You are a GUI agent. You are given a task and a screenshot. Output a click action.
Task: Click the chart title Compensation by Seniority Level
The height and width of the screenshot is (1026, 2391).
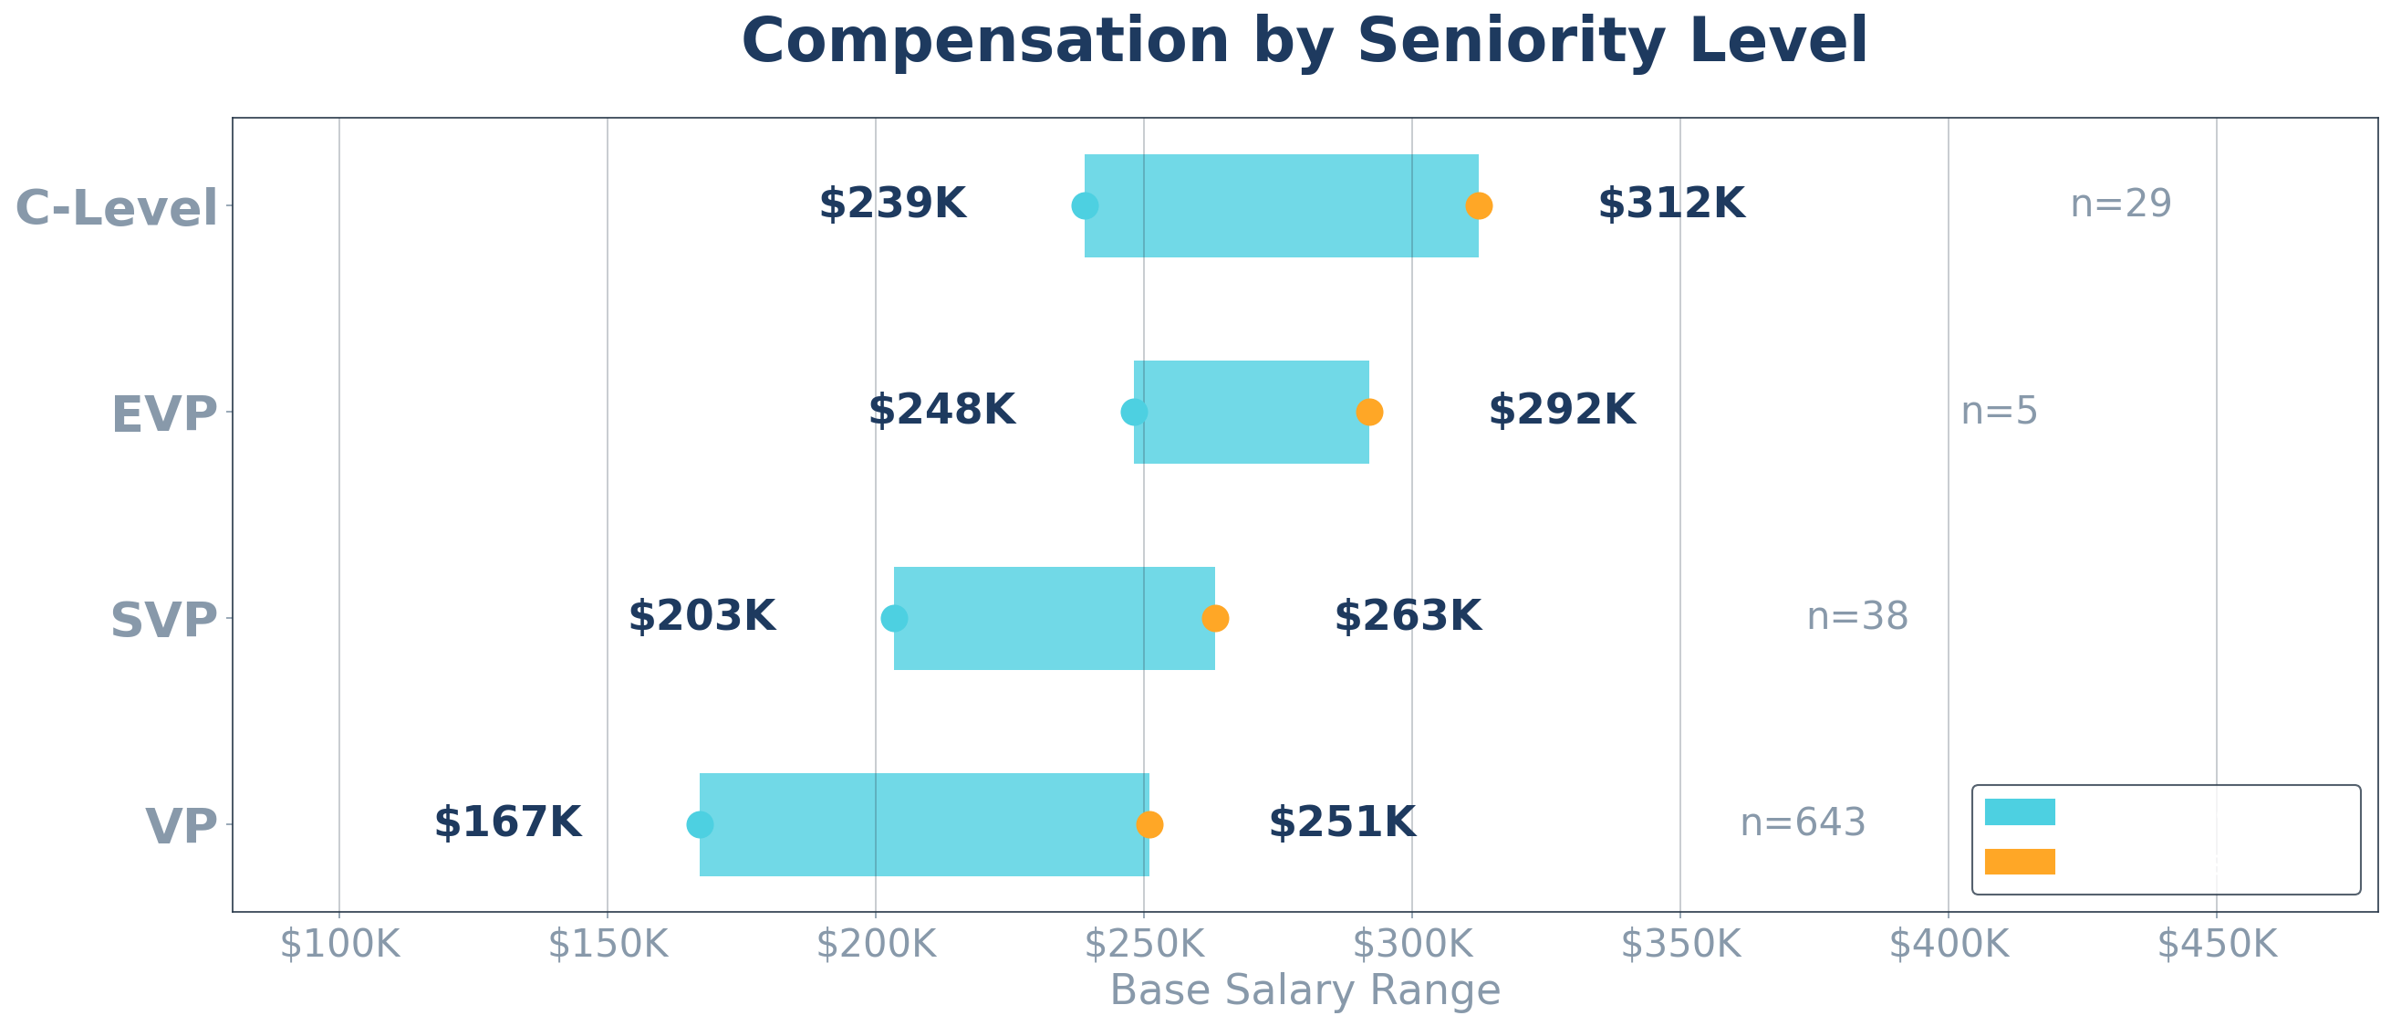pyautogui.click(x=1305, y=42)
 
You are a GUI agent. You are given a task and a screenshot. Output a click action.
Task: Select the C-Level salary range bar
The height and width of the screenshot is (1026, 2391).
pyautogui.click(x=1281, y=205)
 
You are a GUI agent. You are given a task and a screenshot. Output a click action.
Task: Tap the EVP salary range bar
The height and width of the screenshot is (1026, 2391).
pyautogui.click(x=1252, y=412)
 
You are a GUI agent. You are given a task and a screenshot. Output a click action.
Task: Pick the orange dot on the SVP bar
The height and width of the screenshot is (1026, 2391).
pyautogui.click(x=1215, y=618)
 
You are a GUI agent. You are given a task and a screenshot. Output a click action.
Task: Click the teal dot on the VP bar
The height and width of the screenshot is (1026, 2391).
pyautogui.click(x=700, y=824)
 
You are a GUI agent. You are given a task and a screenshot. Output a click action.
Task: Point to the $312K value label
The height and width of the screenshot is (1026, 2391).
pyautogui.click(x=1670, y=204)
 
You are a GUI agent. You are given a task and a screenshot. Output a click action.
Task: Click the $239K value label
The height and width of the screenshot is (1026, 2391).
pyautogui.click(x=892, y=204)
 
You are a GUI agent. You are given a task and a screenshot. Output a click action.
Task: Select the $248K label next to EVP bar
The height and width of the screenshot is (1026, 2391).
pyautogui.click(x=941, y=411)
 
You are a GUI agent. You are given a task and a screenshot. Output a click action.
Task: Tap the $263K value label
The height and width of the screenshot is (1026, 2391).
pyautogui.click(x=1407, y=617)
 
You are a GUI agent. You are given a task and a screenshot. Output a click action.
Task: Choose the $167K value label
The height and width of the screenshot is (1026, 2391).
pyautogui.click(x=507, y=823)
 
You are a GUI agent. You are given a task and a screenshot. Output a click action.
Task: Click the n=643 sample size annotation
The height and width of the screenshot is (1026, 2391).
pyautogui.click(x=1803, y=823)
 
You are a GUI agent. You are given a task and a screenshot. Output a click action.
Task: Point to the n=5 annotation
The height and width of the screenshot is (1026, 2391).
pyautogui.click(x=2000, y=412)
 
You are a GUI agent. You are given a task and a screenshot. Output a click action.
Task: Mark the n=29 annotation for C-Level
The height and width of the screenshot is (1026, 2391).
pyautogui.click(x=2121, y=204)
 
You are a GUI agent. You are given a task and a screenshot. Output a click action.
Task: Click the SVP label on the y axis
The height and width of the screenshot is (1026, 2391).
pyautogui.click(x=163, y=620)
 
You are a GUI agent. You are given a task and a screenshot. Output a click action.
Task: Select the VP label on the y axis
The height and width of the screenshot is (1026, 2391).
pyautogui.click(x=181, y=826)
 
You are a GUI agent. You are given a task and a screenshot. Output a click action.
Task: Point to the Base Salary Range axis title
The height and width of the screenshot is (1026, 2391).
pyautogui.click(x=1305, y=990)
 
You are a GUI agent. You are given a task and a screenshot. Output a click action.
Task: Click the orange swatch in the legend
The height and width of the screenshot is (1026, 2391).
pyautogui.click(x=2020, y=862)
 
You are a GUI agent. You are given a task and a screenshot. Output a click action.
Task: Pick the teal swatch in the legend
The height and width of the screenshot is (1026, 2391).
pyautogui.click(x=2020, y=812)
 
